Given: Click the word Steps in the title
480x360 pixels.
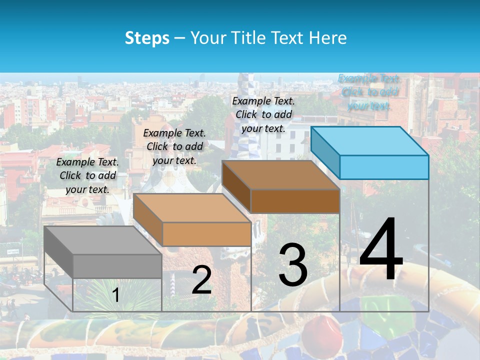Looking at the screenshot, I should coord(147,38).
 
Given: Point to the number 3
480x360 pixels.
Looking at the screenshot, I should coord(293,265).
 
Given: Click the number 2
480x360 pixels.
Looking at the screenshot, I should coord(201,280).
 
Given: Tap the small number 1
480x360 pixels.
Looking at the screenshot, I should coord(116,295).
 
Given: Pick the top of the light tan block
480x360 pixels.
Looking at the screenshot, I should coord(192,207).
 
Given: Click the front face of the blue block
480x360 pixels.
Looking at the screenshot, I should coord(384,167).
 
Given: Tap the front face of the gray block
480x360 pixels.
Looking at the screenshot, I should coord(117,266).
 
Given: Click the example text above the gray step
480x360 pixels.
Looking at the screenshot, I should coord(87,175).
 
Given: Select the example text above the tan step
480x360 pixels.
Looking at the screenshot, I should coord(174,146).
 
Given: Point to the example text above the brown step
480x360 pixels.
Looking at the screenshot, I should coord(263,114).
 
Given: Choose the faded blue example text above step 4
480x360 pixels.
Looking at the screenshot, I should coord(369,92).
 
